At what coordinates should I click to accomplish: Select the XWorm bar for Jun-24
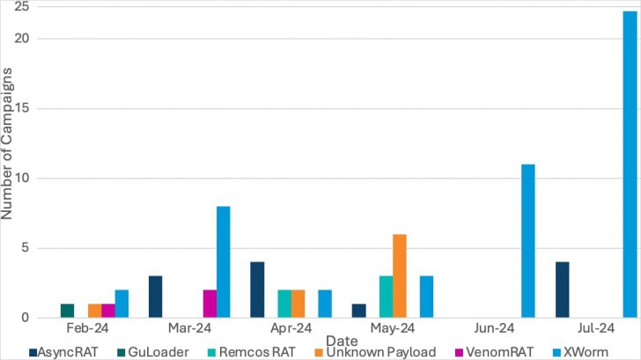(x=528, y=241)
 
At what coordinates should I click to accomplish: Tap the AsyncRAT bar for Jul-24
(x=562, y=290)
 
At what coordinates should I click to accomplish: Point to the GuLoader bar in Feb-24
(x=67, y=311)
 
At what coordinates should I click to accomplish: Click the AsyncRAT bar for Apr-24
(x=257, y=290)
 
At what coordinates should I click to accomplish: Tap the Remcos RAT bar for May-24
(x=386, y=297)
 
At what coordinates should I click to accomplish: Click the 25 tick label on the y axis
(x=23, y=7)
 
